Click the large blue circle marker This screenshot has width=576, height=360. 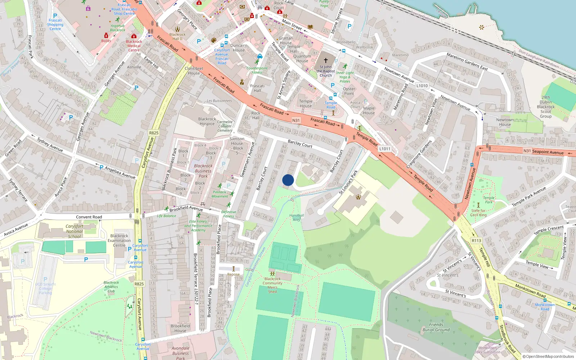pos(288,180)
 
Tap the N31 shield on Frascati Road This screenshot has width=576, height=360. pos(296,120)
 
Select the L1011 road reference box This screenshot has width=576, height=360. pos(384,149)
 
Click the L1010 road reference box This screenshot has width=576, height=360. pos(422,86)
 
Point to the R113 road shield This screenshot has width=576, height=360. pos(476,240)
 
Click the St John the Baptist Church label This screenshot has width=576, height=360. pos(326,71)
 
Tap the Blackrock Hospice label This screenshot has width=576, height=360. pos(207,121)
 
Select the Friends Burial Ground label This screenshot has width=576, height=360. pos(436,327)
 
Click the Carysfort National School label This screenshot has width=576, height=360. pos(75,231)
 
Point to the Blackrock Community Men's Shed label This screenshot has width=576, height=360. pos(273,285)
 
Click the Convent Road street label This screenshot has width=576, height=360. pos(89,217)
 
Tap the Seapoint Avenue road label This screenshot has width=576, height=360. pos(548,152)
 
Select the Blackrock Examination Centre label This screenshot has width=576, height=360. pos(119,240)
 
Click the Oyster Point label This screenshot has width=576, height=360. pos(349,91)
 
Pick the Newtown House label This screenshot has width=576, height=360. pos(505,122)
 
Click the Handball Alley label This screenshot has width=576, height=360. pos(297,217)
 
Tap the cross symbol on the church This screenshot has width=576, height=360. pos(326,60)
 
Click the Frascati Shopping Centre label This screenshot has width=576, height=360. pos(55,24)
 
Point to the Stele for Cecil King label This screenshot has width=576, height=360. pos(478,213)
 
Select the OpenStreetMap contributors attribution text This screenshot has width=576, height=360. pos(548,357)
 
